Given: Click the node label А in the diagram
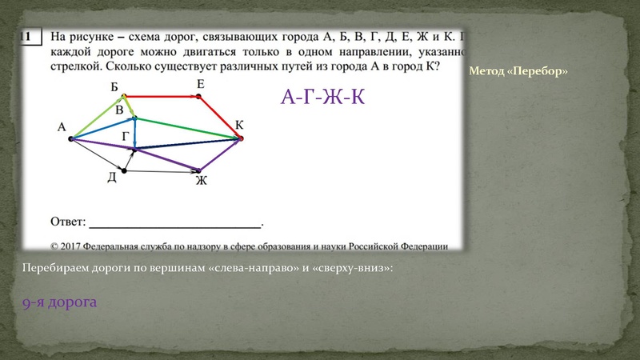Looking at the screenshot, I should pyautogui.click(x=61, y=126).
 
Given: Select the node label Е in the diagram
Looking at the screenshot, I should pyautogui.click(x=200, y=84).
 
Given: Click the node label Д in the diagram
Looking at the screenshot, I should pyautogui.click(x=112, y=178).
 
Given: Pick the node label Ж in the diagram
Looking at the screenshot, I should pyautogui.click(x=202, y=181).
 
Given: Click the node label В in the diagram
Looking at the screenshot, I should pyautogui.click(x=119, y=109).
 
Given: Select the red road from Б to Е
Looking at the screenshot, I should pyautogui.click(x=160, y=96).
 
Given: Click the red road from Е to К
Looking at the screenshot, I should pyautogui.click(x=220, y=117).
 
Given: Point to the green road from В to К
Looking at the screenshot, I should pyautogui.click(x=188, y=129).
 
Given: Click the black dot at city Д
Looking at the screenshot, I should pyautogui.click(x=123, y=170).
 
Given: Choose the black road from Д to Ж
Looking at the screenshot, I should pyautogui.click(x=160, y=170).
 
